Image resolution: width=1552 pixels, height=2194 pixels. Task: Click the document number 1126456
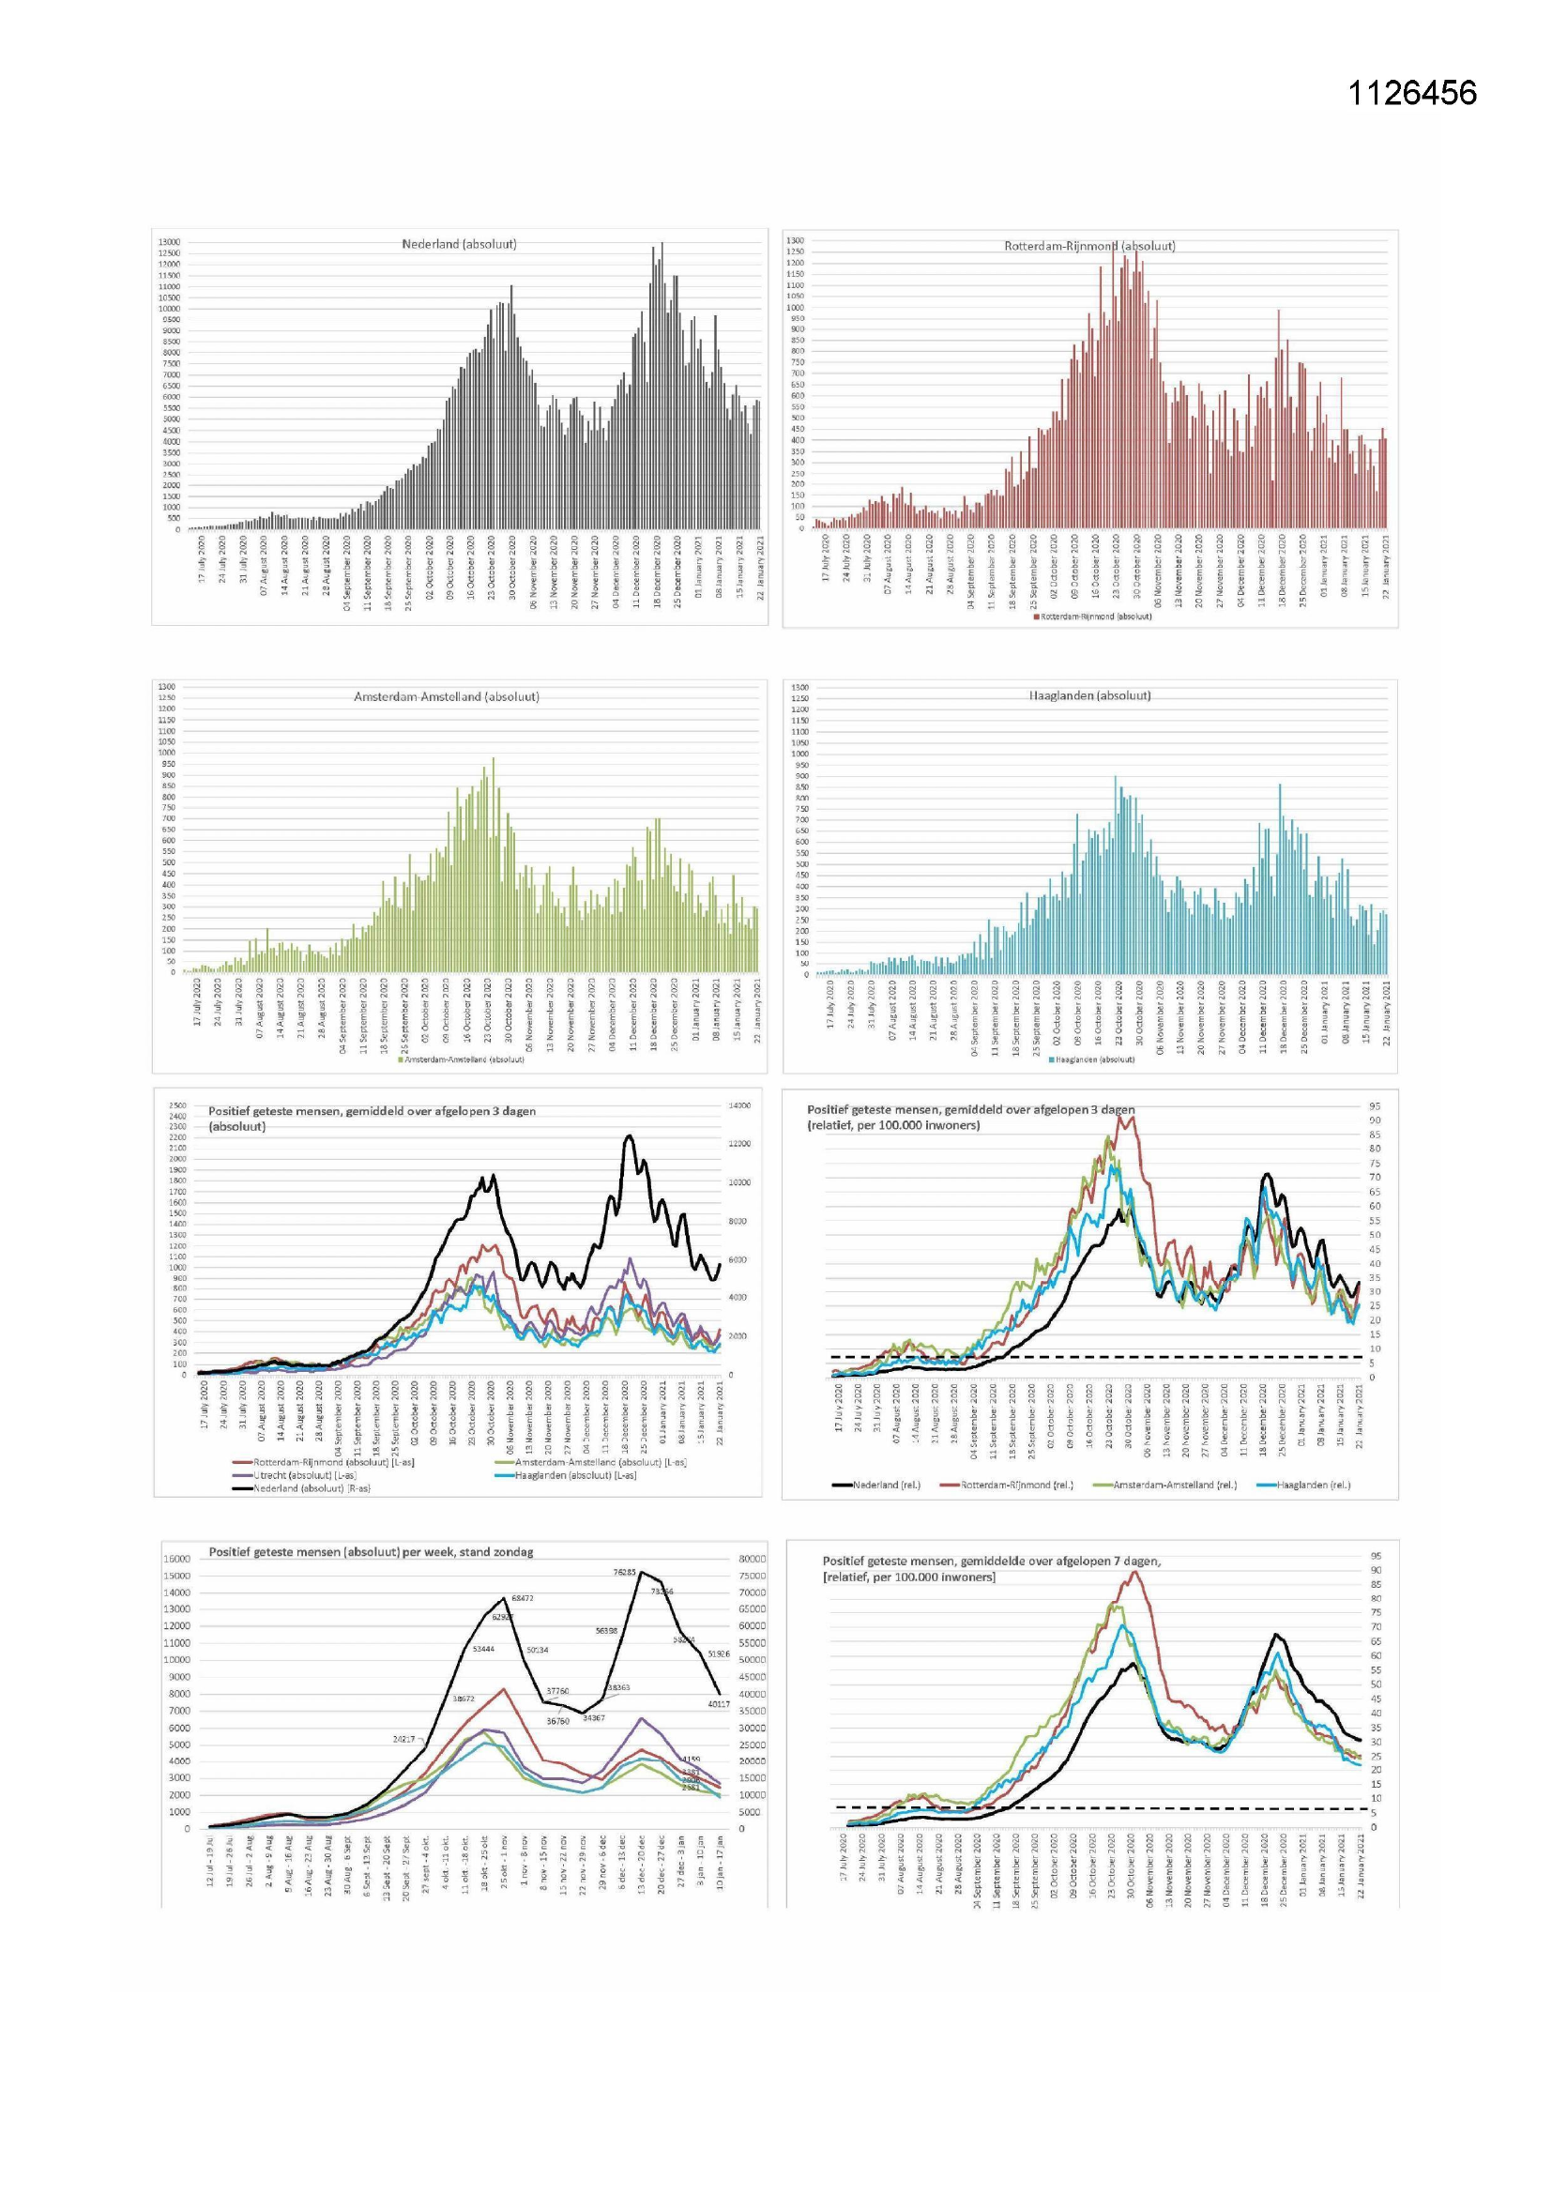(x=1411, y=93)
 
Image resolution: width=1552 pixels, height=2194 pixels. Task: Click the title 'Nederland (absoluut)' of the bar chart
(x=459, y=244)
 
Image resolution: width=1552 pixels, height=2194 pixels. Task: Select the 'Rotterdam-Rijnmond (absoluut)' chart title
(x=1089, y=246)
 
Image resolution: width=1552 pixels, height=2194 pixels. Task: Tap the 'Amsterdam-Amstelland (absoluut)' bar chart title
(x=447, y=696)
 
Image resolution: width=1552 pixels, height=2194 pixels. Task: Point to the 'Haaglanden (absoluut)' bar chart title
(x=1089, y=695)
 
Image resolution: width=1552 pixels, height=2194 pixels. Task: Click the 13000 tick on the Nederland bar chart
(x=168, y=243)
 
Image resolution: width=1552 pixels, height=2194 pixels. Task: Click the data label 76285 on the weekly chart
(x=624, y=1572)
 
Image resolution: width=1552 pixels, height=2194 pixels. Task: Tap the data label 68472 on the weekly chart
(x=522, y=1598)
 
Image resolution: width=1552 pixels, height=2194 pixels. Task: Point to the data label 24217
(x=403, y=1739)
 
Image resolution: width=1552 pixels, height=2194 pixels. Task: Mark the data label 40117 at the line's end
(x=718, y=1703)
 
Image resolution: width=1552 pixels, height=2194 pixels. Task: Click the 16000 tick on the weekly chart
(x=176, y=1559)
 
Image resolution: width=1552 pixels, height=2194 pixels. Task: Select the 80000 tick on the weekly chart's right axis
(x=753, y=1559)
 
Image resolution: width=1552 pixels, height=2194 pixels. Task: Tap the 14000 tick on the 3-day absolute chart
(x=739, y=1105)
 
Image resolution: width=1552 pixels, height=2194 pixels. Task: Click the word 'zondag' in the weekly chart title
(x=512, y=1552)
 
